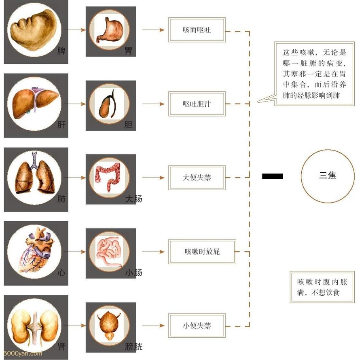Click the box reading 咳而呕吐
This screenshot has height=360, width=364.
[x=197, y=30]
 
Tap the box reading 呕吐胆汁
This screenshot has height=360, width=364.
[x=197, y=104]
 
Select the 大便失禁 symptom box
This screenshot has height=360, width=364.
[x=197, y=178]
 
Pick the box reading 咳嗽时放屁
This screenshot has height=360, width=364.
[x=201, y=252]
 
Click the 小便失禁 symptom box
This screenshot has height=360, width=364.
[x=197, y=325]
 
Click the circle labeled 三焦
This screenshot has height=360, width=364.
[x=328, y=176]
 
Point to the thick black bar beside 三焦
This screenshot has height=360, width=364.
[x=272, y=176]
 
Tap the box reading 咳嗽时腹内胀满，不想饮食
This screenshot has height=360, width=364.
[x=322, y=287]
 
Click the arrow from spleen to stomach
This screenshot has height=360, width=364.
[x=77, y=30]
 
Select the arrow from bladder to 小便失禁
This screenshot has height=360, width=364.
[x=154, y=325]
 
